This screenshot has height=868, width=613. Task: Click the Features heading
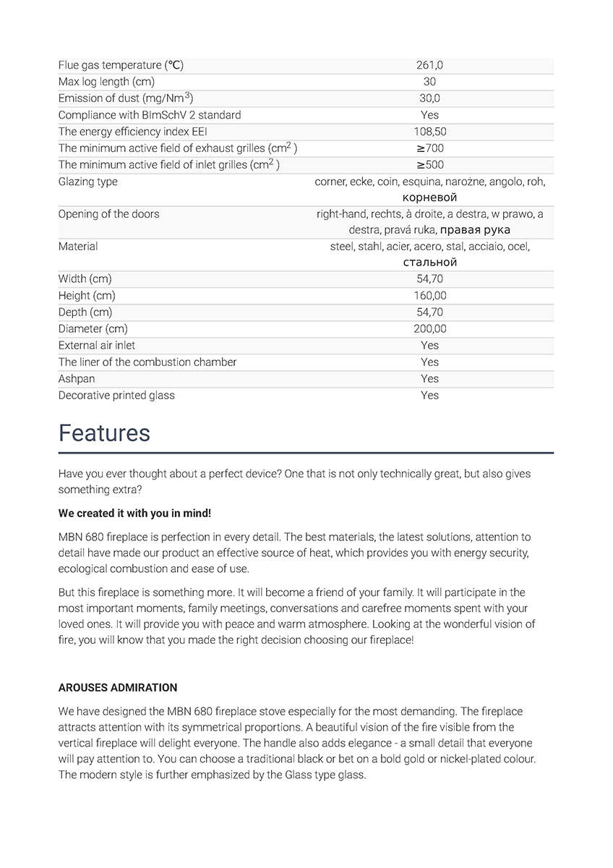click(104, 433)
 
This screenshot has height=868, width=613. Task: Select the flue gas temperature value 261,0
click(429, 65)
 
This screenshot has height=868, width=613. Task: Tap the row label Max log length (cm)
click(106, 82)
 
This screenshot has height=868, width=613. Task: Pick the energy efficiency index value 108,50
click(429, 132)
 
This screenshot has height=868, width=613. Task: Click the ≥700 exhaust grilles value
click(429, 148)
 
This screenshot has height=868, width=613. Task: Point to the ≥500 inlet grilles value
click(429, 165)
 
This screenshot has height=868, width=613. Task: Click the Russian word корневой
click(429, 197)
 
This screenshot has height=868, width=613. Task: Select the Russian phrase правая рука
click(475, 230)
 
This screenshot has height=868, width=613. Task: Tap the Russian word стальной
click(429, 263)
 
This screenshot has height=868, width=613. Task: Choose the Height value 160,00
click(429, 295)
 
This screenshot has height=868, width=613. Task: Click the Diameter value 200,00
click(429, 328)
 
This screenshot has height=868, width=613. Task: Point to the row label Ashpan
click(77, 378)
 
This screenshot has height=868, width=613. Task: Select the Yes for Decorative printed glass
click(429, 395)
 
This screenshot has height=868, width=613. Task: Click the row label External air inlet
click(97, 345)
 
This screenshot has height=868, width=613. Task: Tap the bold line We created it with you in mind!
click(134, 513)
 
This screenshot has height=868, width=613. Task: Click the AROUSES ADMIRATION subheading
click(118, 687)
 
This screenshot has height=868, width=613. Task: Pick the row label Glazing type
click(87, 182)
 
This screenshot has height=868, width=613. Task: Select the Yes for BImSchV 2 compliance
click(429, 115)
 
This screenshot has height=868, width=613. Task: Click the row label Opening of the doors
click(108, 214)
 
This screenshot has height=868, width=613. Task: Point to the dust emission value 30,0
click(429, 98)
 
